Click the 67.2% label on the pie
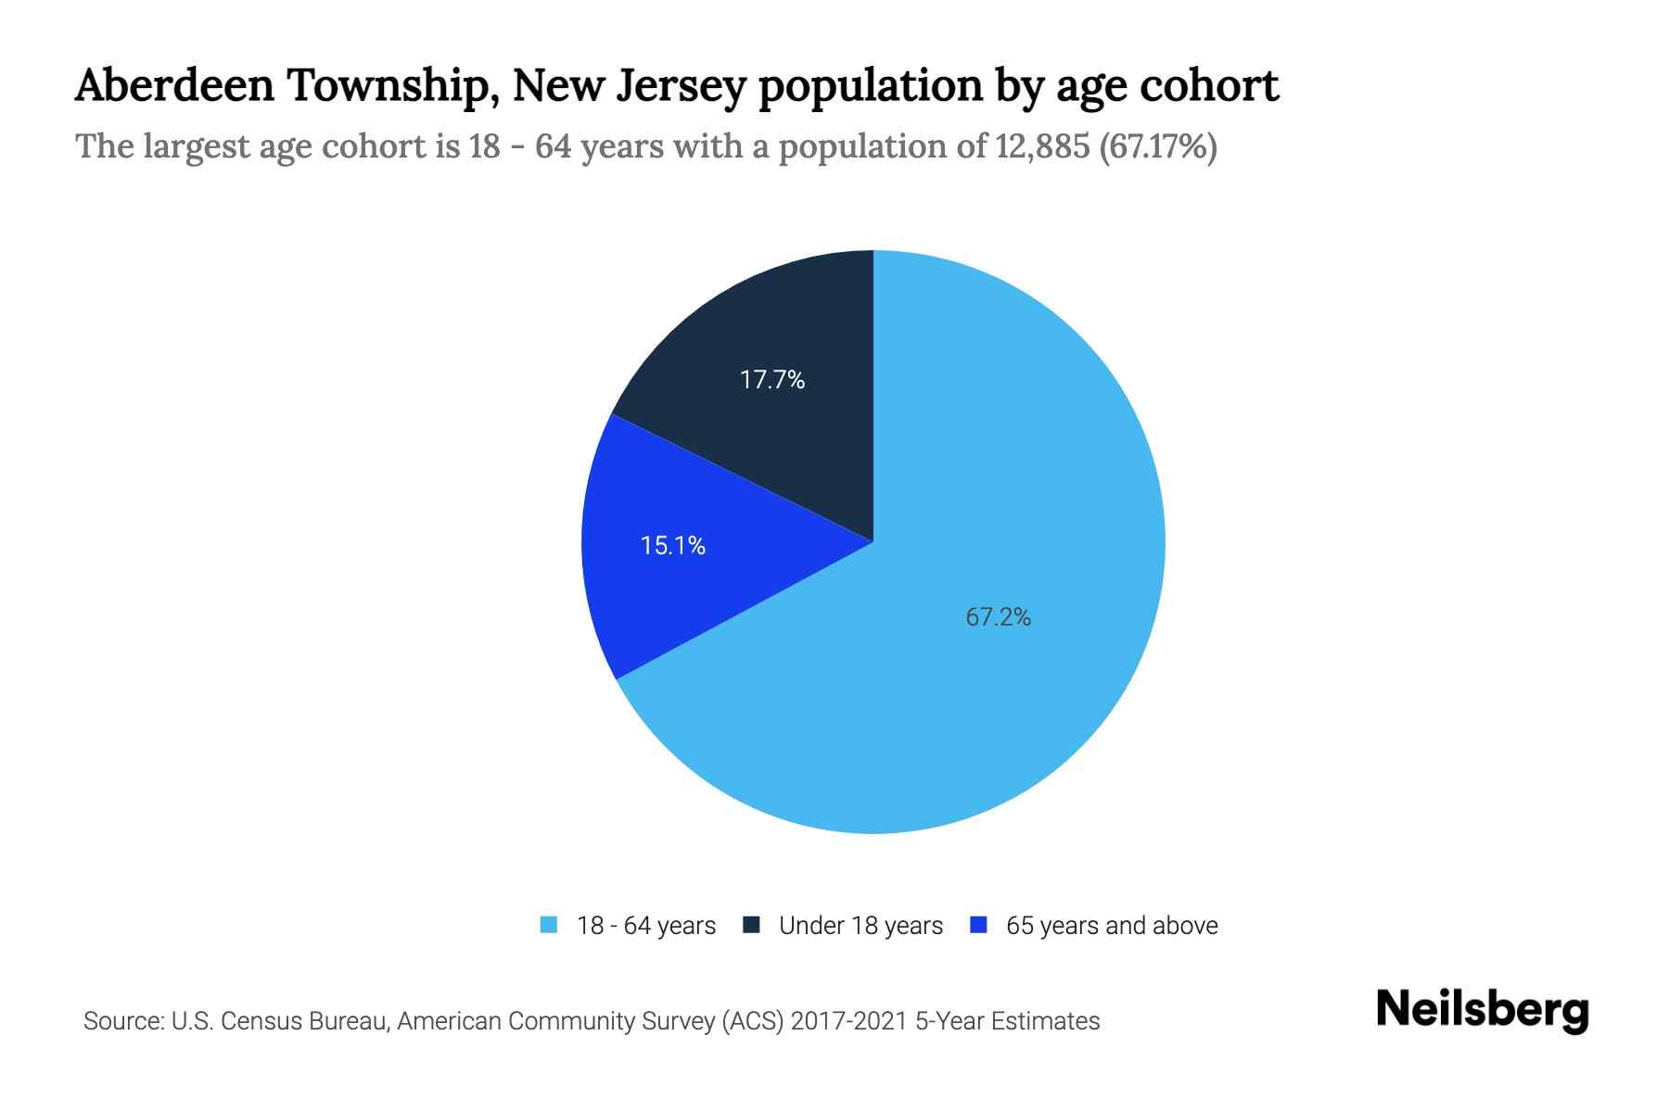pos(998,617)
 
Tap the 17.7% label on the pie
pos(771,380)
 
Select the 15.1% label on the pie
pos(673,546)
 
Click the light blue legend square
pos(549,925)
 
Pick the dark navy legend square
pos(751,925)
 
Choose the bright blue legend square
pos(977,925)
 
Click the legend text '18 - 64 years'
pos(645,926)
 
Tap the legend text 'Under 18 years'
pos(860,926)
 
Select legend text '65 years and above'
pos(1112,926)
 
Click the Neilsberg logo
pos(1482,1010)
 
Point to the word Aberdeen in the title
pos(174,86)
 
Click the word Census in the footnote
pos(263,1021)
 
